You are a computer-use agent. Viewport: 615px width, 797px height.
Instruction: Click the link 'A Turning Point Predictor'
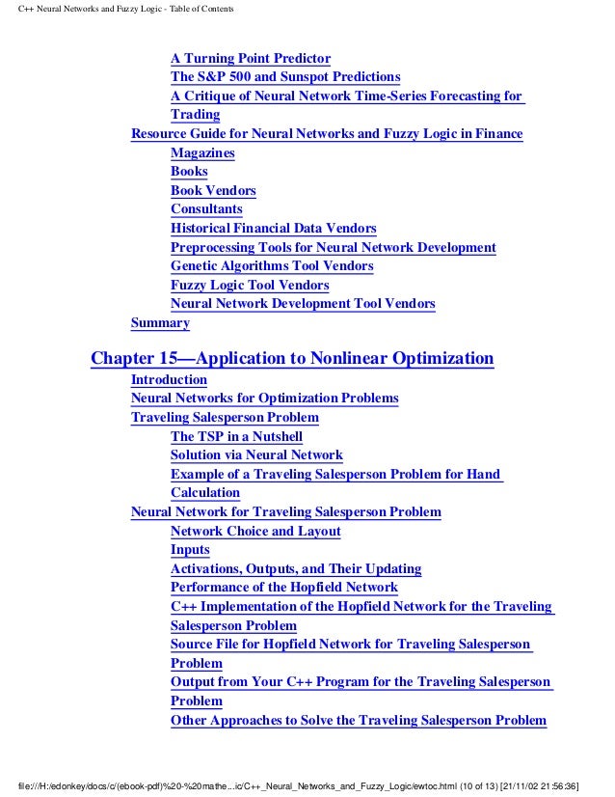tap(251, 58)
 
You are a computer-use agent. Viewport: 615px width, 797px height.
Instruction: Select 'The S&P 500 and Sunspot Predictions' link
tap(285, 77)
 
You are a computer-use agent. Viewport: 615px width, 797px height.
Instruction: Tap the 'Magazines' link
tap(202, 152)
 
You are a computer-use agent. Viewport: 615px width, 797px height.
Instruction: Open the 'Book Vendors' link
tap(213, 190)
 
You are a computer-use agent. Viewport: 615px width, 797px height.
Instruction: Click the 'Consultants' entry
tap(206, 209)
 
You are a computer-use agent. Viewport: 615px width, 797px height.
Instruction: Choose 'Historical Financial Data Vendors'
tap(273, 229)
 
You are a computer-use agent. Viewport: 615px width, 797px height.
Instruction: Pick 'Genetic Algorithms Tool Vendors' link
tap(272, 266)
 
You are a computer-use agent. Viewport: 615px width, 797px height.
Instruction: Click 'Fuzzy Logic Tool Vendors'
tap(250, 286)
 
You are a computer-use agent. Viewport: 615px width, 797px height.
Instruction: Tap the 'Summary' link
tap(160, 323)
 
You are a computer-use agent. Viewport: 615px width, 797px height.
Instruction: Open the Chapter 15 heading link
tap(291, 360)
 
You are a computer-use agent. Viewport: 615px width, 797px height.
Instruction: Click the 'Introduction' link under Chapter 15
tap(169, 380)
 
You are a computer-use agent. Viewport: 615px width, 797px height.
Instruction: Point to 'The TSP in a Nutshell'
tap(236, 436)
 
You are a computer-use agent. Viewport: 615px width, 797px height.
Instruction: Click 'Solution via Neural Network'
tap(256, 455)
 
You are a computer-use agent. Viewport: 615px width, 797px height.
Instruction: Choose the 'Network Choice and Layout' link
tap(255, 532)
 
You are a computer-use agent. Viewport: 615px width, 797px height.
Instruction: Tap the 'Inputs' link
tap(190, 550)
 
